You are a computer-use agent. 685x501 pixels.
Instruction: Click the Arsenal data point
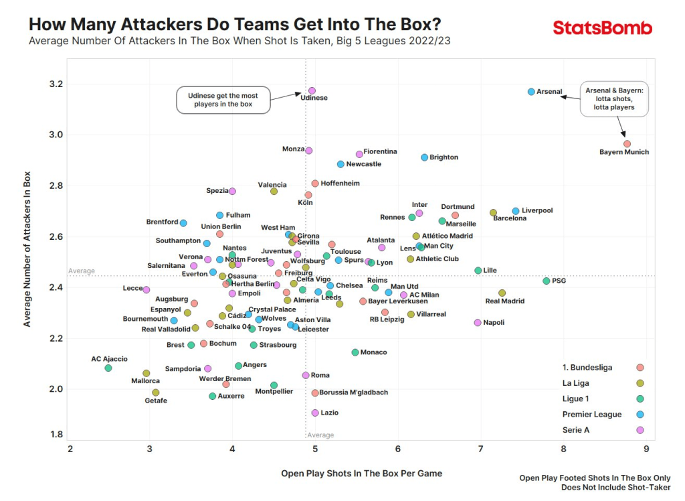[531, 91]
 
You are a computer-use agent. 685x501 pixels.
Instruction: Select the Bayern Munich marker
[627, 144]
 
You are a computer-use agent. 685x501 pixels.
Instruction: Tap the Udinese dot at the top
[312, 90]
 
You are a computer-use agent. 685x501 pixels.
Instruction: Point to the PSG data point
[547, 281]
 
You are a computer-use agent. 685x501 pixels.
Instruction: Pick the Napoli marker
[478, 322]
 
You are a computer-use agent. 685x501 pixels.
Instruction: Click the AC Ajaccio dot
[108, 368]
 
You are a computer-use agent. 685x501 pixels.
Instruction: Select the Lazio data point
[315, 413]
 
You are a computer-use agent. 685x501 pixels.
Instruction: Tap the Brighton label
[444, 157]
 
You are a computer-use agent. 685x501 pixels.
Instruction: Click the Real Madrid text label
[505, 301]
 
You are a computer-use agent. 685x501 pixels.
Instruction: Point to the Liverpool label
[537, 210]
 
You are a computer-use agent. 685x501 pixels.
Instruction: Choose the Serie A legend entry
[576, 430]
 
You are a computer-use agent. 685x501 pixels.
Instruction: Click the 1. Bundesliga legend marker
[640, 367]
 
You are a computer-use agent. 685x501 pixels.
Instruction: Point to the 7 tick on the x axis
[480, 448]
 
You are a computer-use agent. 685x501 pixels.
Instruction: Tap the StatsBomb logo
[602, 28]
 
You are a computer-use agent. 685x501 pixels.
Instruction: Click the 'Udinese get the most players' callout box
[223, 100]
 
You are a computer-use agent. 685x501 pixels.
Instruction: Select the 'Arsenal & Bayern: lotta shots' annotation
[615, 98]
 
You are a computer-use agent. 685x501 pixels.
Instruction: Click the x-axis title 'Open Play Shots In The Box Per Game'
[362, 474]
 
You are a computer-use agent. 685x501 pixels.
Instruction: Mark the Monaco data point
[355, 352]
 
